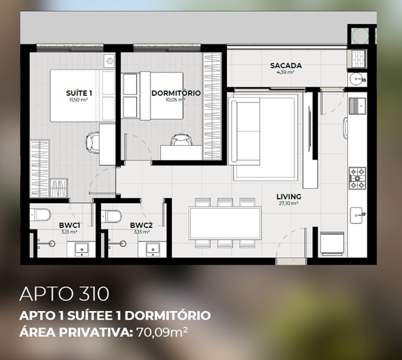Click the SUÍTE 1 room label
tap(79, 93)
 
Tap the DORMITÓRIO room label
tap(176, 93)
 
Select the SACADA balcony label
tap(286, 66)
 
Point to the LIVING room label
tap(289, 197)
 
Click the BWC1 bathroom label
tap(70, 225)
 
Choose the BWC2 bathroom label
tap(141, 225)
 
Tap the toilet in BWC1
tap(40, 215)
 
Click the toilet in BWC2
tap(111, 216)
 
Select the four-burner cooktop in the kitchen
tap(357, 178)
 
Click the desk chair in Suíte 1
tap(93, 143)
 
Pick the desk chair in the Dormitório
tap(182, 139)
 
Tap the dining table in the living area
tap(225, 223)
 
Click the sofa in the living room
tap(246, 132)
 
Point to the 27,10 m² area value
tap(289, 204)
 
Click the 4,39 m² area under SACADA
tap(285, 72)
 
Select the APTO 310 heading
tap(64, 294)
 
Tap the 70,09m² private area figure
tap(162, 332)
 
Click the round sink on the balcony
tap(357, 79)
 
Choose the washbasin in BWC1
tap(81, 249)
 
